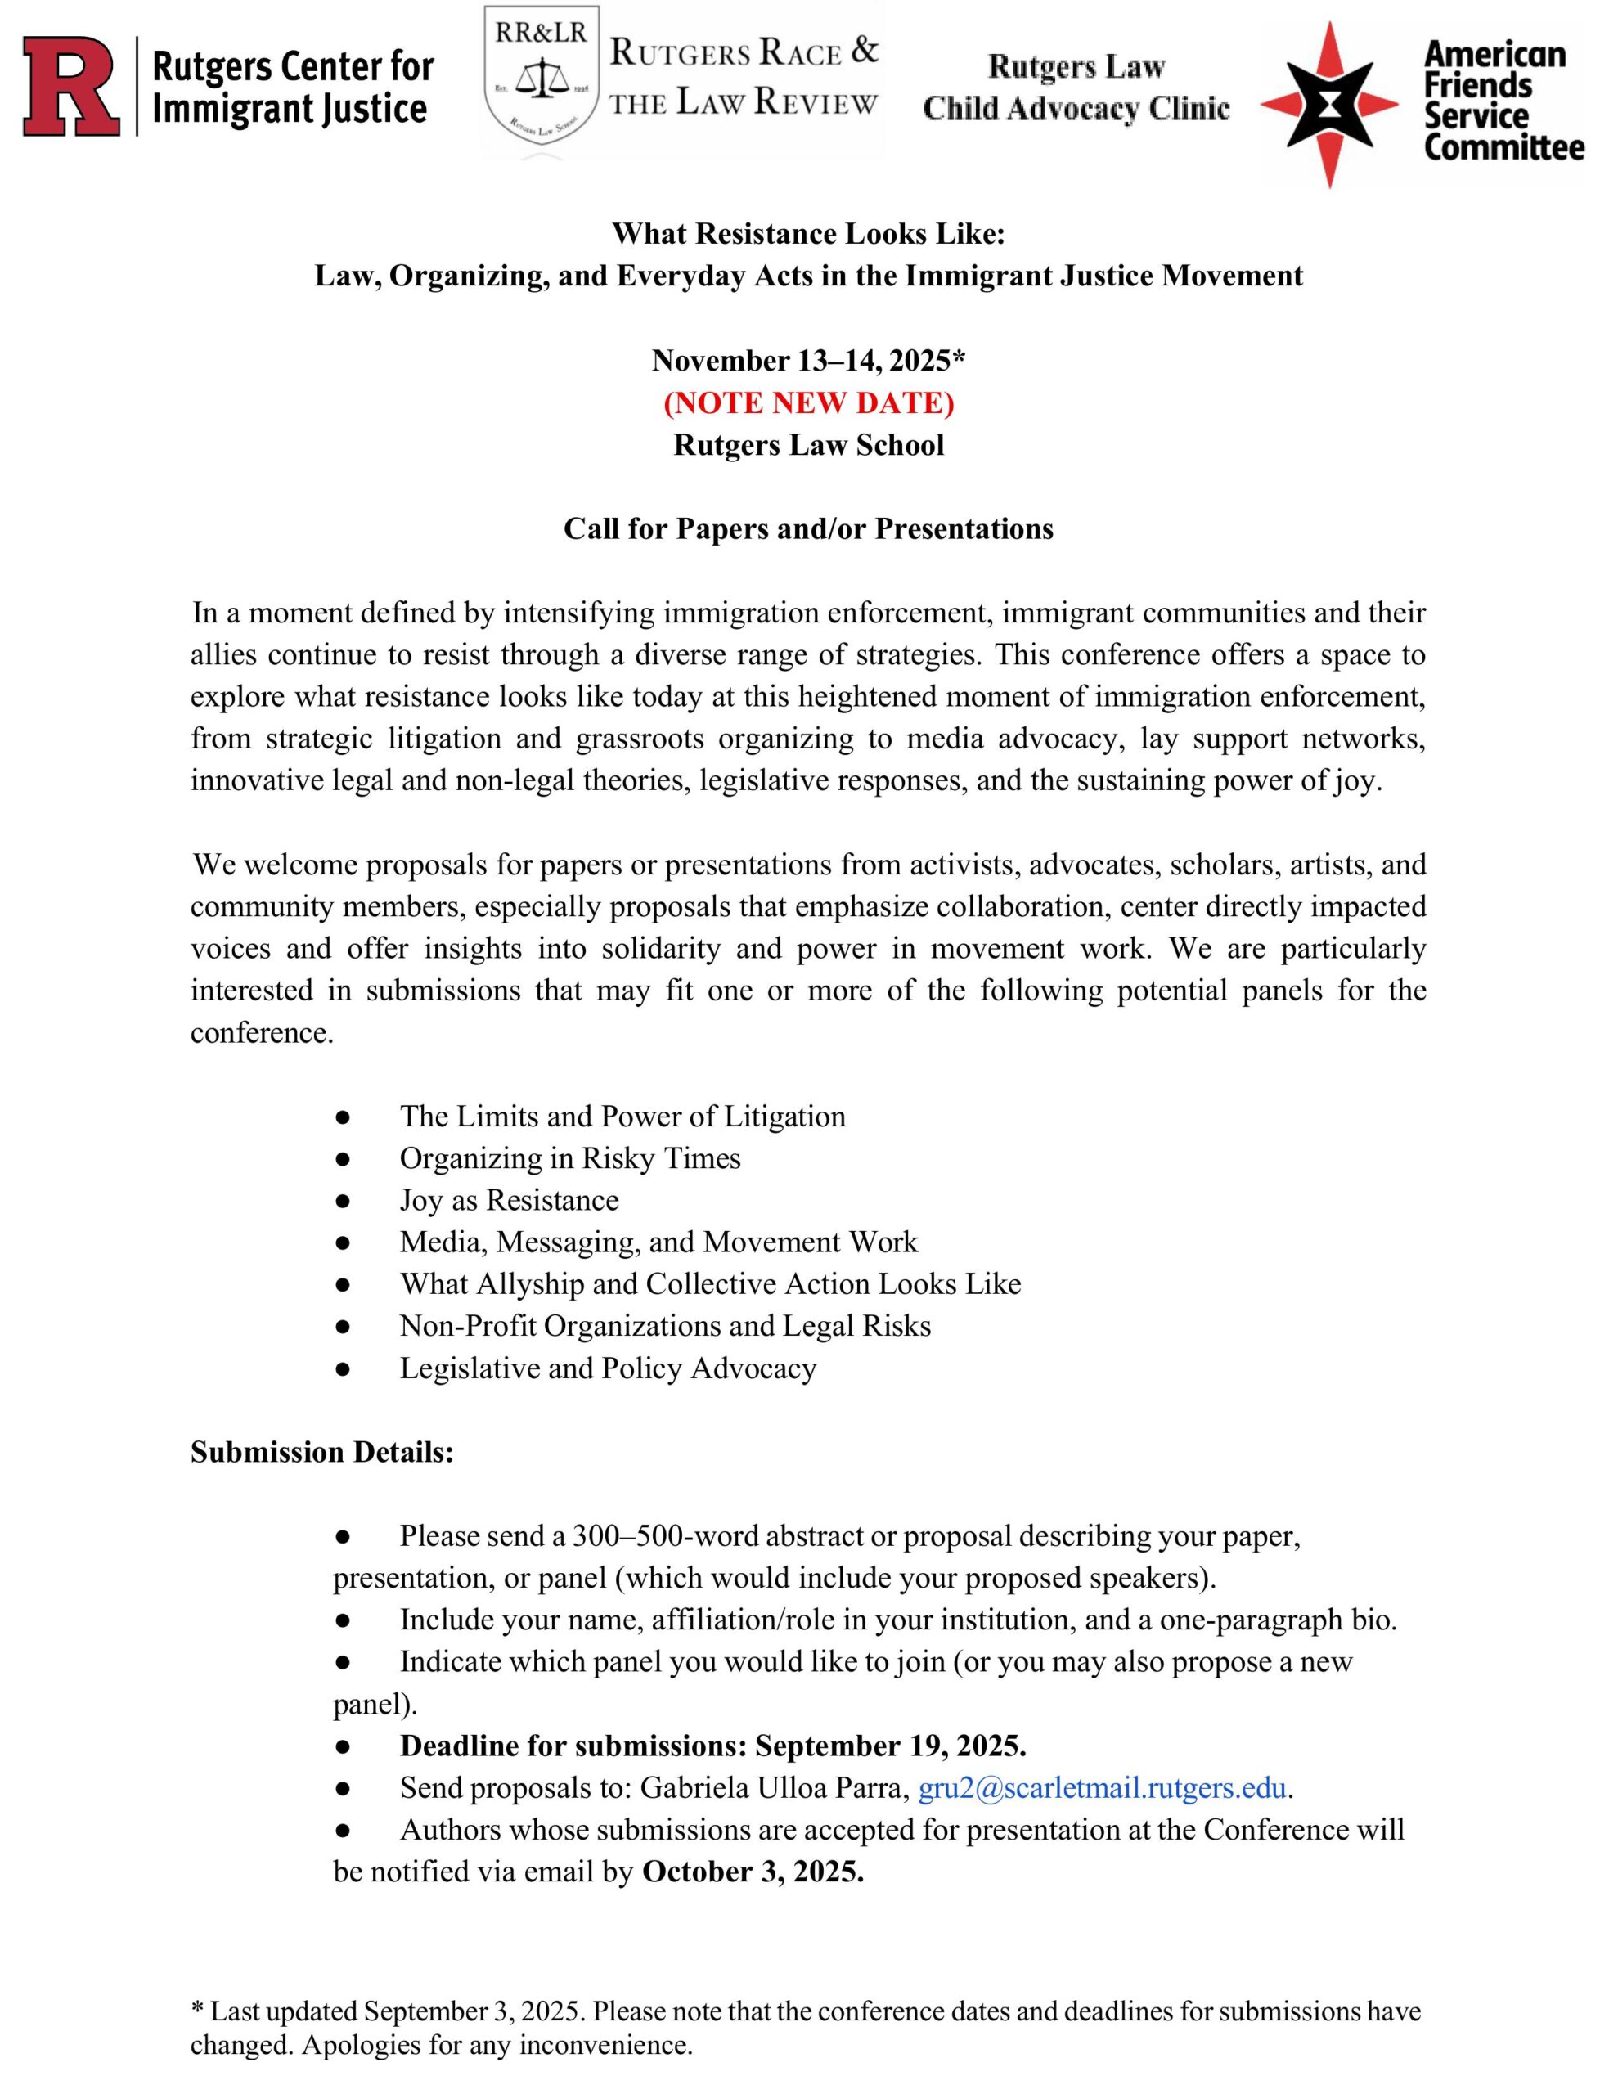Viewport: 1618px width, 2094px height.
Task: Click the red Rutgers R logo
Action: pyautogui.click(x=73, y=85)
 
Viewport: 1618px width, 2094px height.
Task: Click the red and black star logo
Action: pyautogui.click(x=1328, y=105)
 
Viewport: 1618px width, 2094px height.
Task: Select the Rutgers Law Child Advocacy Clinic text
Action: pyautogui.click(x=1076, y=88)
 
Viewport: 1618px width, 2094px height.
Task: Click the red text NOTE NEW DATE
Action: pyautogui.click(x=808, y=402)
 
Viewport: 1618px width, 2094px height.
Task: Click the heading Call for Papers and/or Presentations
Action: pyautogui.click(x=808, y=529)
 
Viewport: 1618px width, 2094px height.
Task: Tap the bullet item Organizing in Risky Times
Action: pyautogui.click(x=569, y=1158)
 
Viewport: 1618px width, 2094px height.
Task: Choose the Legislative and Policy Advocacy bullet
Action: pyautogui.click(x=608, y=1368)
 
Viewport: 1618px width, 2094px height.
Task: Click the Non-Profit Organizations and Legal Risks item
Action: pyautogui.click(x=665, y=1326)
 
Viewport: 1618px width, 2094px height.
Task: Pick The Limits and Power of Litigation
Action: pyautogui.click(x=622, y=1116)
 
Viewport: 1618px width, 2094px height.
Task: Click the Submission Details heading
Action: pyautogui.click(x=321, y=1452)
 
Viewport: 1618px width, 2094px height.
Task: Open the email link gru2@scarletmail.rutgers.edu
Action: pyautogui.click(x=1102, y=1788)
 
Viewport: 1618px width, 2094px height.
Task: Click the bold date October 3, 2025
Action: pyautogui.click(x=753, y=1872)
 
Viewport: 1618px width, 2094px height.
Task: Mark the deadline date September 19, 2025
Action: pyautogui.click(x=890, y=1746)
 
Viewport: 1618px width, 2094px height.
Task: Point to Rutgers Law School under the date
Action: pyautogui.click(x=808, y=445)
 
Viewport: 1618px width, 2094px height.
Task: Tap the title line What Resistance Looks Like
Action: pyautogui.click(x=808, y=234)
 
